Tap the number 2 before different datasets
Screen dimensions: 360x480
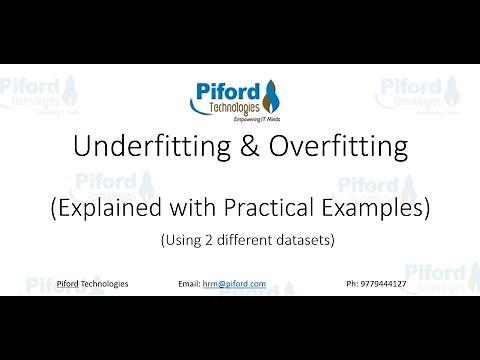[x=206, y=241]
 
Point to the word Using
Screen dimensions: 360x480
[x=182, y=241]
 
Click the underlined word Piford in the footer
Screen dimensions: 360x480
[x=70, y=284]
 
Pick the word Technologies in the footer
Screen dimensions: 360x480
[x=107, y=284]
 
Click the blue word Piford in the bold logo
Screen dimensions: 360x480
[x=226, y=93]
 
